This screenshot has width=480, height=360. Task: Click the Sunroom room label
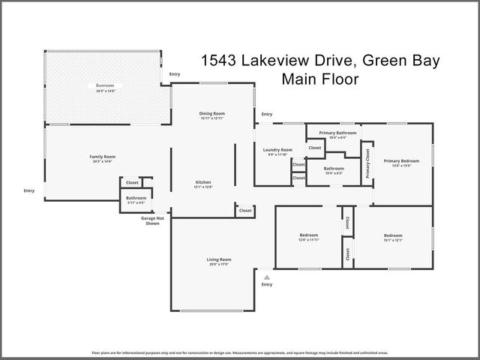[x=103, y=86]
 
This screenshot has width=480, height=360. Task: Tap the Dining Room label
[x=212, y=114]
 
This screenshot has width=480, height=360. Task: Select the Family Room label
[x=103, y=157]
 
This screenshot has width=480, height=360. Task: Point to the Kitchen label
[x=203, y=182]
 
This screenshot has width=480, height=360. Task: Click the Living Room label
[x=219, y=259]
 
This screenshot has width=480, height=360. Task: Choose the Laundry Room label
[x=277, y=150]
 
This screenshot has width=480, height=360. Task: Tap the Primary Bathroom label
[x=337, y=133]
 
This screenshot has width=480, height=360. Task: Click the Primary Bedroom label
[x=401, y=160]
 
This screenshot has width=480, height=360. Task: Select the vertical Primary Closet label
[x=368, y=163]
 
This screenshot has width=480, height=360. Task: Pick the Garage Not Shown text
[x=152, y=220]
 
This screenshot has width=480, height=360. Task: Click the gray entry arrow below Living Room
[x=266, y=277]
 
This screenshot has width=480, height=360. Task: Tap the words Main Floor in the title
[x=319, y=78]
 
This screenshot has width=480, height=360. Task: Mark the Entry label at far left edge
[x=28, y=190]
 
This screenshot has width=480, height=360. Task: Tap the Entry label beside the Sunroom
[x=175, y=74]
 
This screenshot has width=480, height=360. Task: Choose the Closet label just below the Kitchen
[x=245, y=211]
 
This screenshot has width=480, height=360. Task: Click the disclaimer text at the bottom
[x=240, y=351]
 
